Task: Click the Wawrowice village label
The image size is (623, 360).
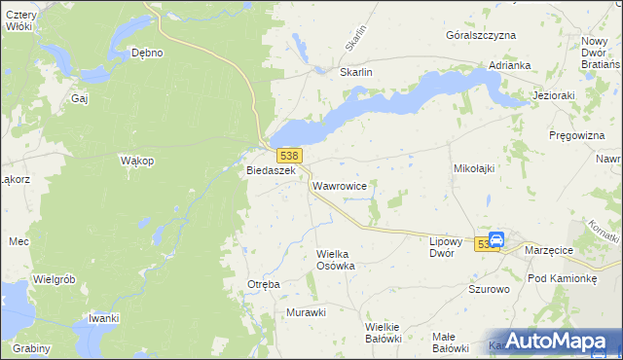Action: [339, 184]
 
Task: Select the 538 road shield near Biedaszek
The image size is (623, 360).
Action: [288, 156]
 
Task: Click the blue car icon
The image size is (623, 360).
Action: [495, 239]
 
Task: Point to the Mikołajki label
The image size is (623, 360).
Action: [474, 168]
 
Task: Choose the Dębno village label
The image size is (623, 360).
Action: [147, 54]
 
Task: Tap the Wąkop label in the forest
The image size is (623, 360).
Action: [136, 161]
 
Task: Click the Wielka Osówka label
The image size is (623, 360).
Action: [336, 260]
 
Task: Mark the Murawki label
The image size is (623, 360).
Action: [306, 312]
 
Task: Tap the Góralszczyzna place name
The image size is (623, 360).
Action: [480, 35]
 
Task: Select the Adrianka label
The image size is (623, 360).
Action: [510, 65]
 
